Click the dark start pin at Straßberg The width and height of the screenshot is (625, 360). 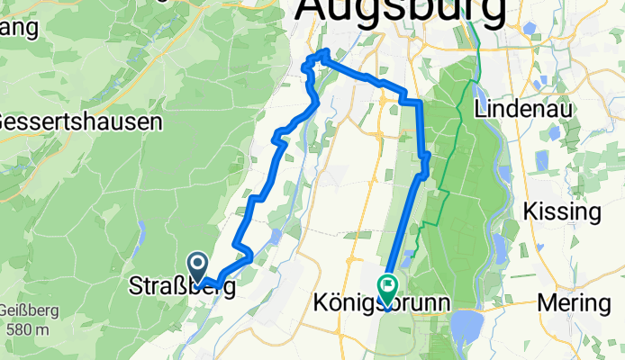tap(197, 266)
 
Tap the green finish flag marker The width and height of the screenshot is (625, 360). tap(387, 289)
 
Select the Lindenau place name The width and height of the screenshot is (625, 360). tap(524, 108)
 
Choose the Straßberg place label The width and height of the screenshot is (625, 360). tap(184, 288)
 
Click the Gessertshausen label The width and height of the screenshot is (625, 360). tap(81, 121)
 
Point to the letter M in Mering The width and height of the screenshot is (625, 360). tap(545, 303)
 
